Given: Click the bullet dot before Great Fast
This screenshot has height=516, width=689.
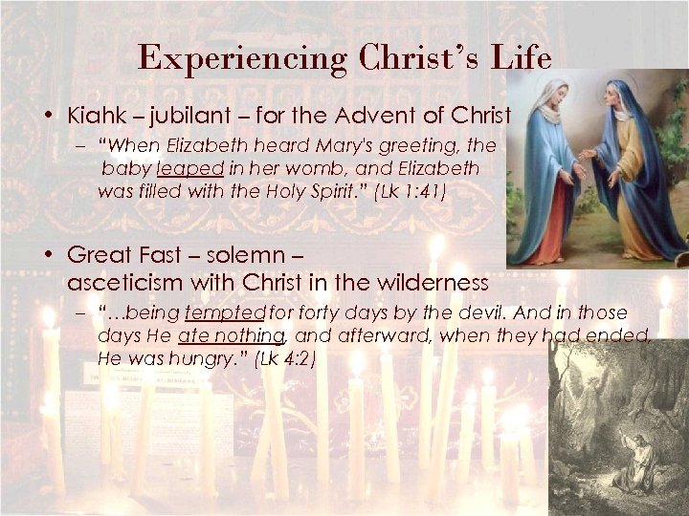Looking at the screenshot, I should (x=47, y=256).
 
